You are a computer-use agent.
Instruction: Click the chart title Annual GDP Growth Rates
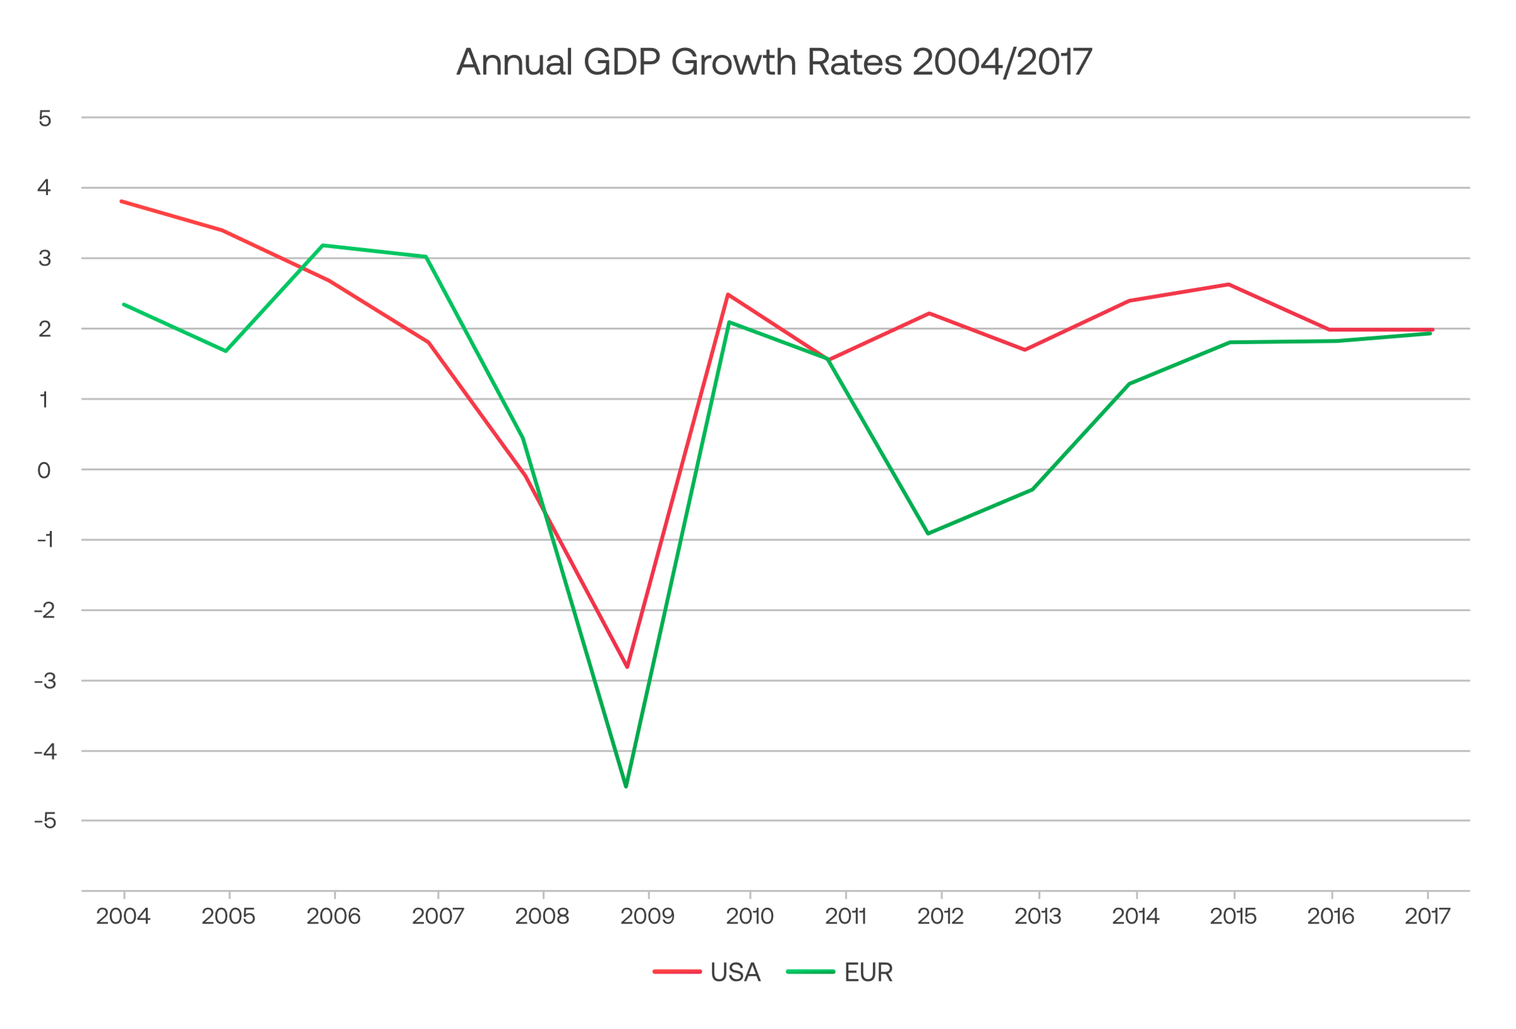774,62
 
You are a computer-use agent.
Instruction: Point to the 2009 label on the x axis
647,916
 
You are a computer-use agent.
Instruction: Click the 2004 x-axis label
123,916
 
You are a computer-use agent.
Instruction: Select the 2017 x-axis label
1427,916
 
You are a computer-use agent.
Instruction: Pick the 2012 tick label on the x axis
940,916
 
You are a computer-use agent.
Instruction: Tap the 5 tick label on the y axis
44,119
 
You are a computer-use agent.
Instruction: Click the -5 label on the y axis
44,821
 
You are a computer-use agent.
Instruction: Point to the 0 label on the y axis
44,470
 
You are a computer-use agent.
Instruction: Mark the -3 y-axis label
44,681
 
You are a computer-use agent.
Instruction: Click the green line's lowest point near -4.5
626,787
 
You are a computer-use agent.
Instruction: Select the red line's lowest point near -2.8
627,667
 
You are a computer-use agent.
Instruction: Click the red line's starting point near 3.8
122,201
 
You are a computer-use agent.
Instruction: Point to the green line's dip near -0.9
928,533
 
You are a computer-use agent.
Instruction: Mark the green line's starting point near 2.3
124,305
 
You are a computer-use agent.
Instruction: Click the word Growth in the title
734,62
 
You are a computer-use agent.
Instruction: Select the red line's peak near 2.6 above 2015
1229,284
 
